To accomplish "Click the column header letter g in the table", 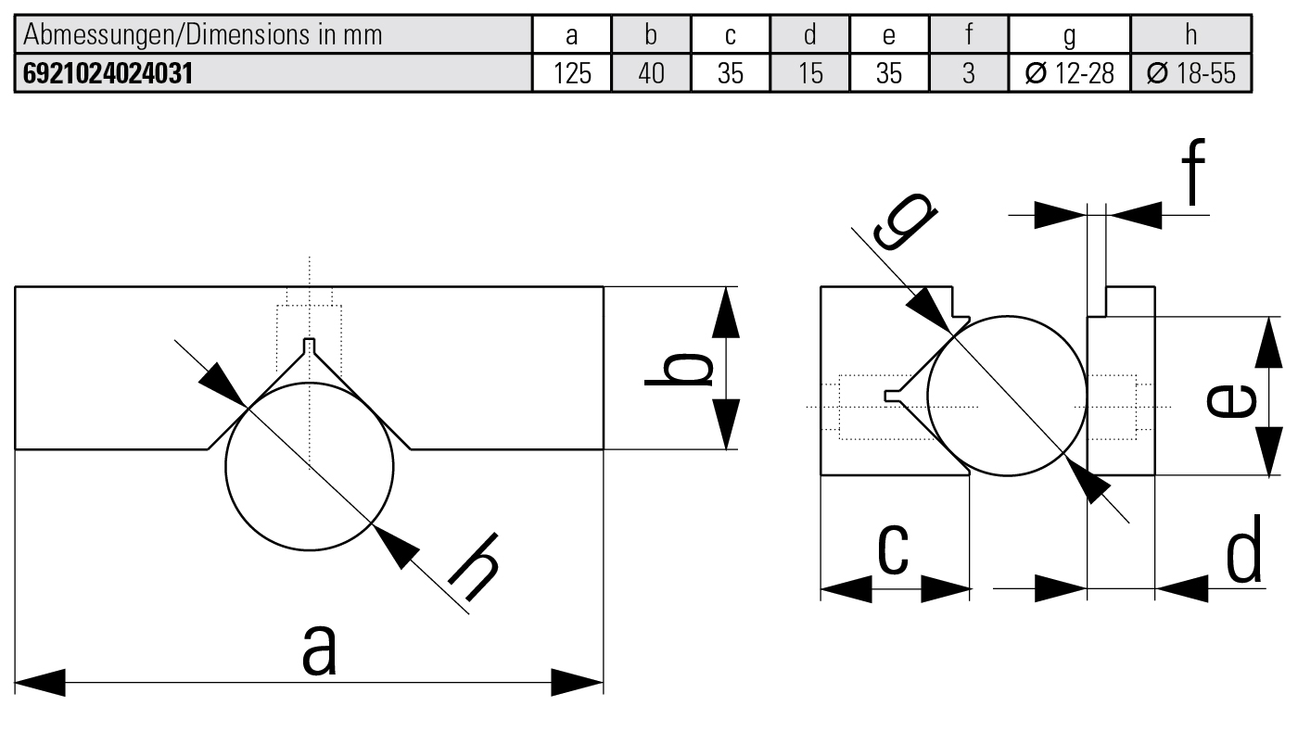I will (x=1069, y=36).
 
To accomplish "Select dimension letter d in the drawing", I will (x=1242, y=550).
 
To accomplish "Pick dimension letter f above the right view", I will (x=1194, y=173).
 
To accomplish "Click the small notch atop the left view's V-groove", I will (x=310, y=347).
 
